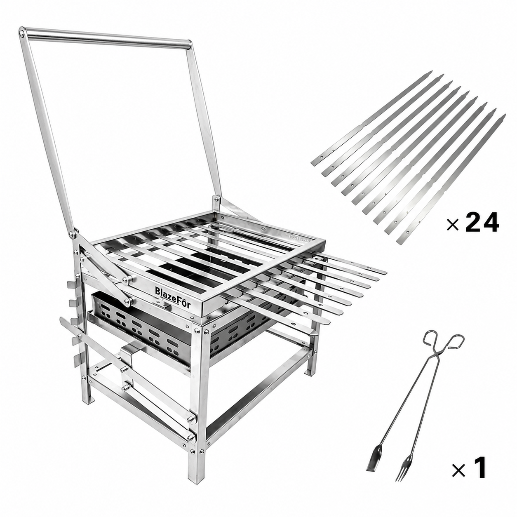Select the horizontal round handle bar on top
[x=109, y=39]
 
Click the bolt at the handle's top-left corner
[x=21, y=32]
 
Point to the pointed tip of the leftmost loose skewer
[x=431, y=72]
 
